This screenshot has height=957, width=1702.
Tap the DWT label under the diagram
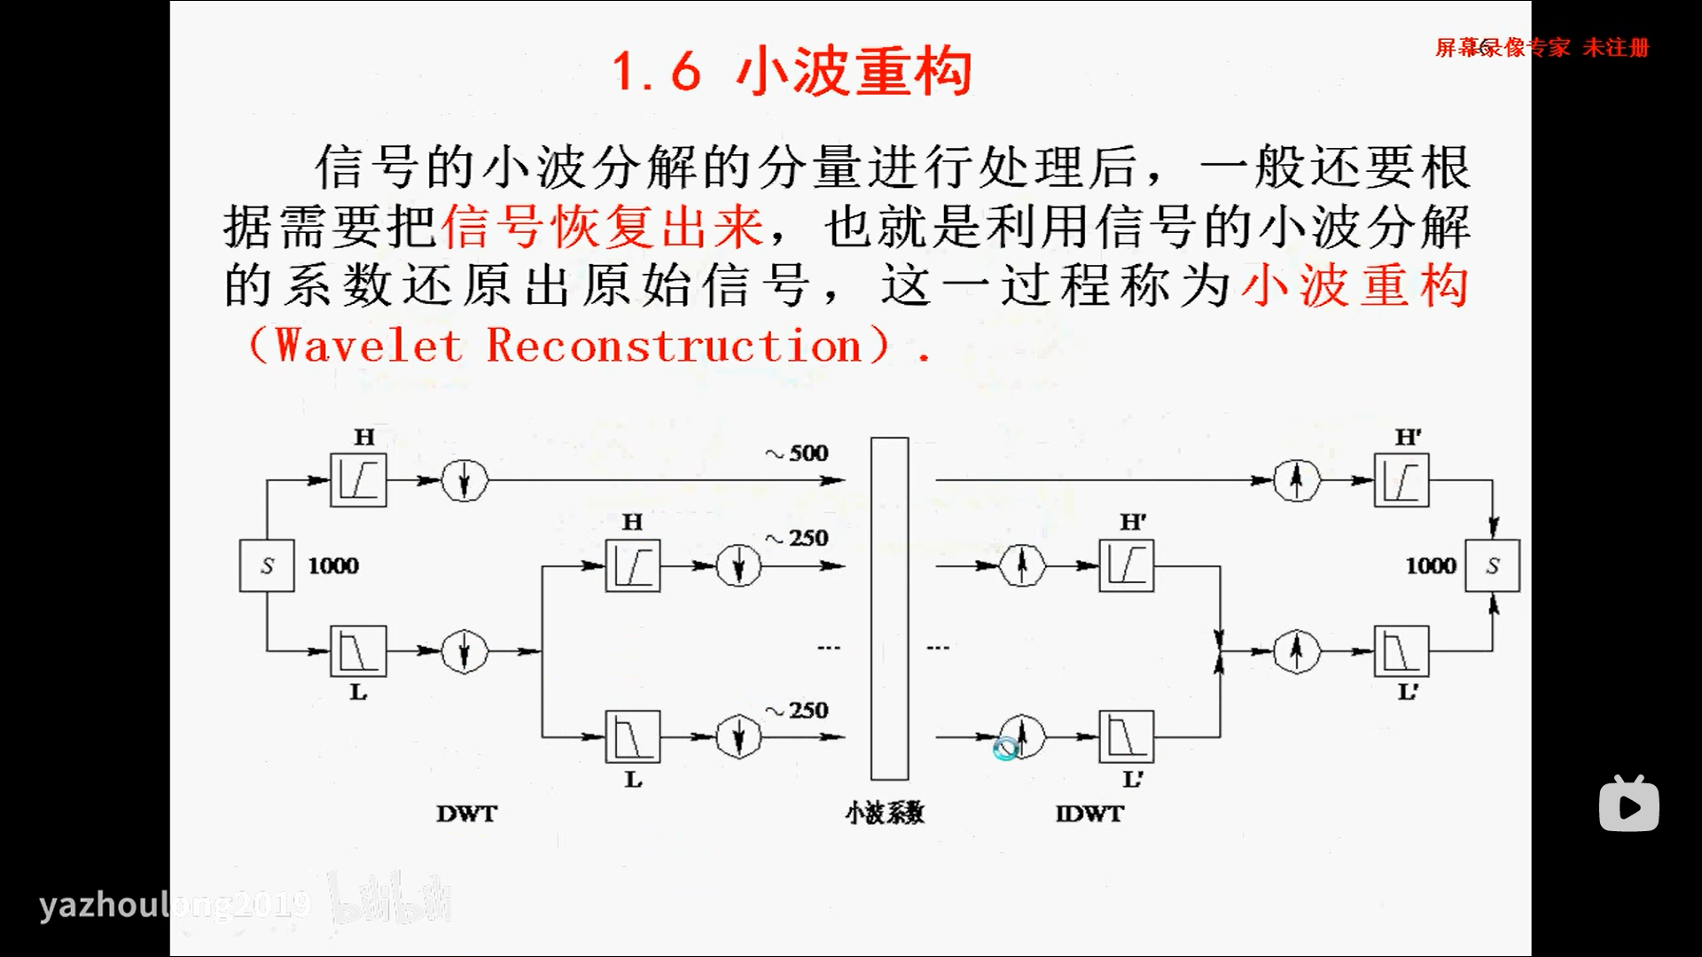point(467,813)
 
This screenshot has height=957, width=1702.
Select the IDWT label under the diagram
point(1089,813)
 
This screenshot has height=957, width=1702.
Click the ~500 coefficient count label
point(797,453)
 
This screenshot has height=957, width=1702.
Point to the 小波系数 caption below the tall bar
point(885,813)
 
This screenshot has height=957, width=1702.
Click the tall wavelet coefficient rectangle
point(889,608)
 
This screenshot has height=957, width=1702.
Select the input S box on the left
point(267,565)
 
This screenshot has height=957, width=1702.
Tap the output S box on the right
point(1493,565)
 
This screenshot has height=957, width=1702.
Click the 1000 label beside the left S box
point(333,565)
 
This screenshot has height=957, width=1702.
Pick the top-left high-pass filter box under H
point(358,480)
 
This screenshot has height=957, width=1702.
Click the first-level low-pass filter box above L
point(358,651)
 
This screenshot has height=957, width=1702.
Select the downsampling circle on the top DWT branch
point(465,480)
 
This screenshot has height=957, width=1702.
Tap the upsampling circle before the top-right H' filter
point(1296,480)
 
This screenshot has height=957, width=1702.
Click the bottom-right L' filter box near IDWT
point(1126,735)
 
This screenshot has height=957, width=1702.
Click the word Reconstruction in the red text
point(675,346)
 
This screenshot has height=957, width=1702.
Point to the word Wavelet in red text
point(369,346)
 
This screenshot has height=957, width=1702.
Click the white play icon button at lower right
point(1629,805)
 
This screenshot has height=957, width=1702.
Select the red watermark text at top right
point(1542,48)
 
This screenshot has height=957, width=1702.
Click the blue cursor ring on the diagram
point(1005,750)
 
